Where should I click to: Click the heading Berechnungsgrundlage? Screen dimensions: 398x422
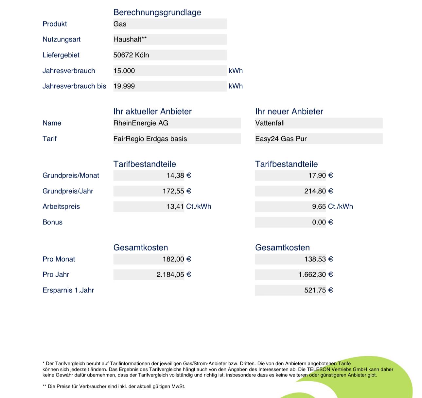point(157,12)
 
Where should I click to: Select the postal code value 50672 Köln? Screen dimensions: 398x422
point(131,55)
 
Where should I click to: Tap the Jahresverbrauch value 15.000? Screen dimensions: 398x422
point(124,71)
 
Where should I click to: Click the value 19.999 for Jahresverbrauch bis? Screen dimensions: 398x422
point(124,86)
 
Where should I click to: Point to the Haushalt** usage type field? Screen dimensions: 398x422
point(130,39)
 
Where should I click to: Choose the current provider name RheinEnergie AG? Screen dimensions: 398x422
point(141,123)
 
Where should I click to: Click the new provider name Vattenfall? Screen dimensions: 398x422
point(270,123)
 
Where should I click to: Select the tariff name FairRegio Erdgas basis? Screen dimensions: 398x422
point(150,139)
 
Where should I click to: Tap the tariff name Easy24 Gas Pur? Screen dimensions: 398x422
point(281,139)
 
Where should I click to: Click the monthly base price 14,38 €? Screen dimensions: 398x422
point(179,176)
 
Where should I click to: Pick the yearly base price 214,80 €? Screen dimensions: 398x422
point(318,191)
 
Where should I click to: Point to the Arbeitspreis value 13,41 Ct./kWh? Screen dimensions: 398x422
point(188,207)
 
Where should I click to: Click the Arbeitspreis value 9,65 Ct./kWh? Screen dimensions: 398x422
point(332,207)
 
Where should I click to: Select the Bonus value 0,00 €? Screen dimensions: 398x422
point(322,222)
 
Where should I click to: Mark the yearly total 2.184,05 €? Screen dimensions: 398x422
point(174,275)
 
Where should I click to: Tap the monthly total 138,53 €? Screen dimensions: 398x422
point(318,259)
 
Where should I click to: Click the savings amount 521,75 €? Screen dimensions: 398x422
point(318,290)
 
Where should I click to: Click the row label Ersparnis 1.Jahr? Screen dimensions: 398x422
point(68,290)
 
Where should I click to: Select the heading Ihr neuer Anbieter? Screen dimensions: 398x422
point(289,112)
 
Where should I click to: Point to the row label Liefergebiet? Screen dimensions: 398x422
point(61,55)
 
